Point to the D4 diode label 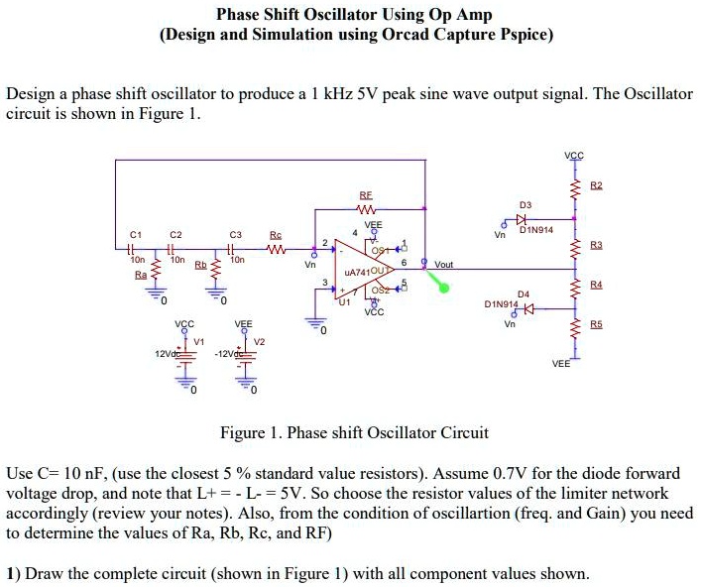(x=523, y=293)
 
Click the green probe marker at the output (x=443, y=289)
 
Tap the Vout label (x=443, y=265)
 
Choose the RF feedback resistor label (x=367, y=197)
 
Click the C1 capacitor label (x=135, y=235)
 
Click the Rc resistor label (x=275, y=235)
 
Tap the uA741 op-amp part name (x=356, y=272)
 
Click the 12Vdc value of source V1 (x=166, y=355)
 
